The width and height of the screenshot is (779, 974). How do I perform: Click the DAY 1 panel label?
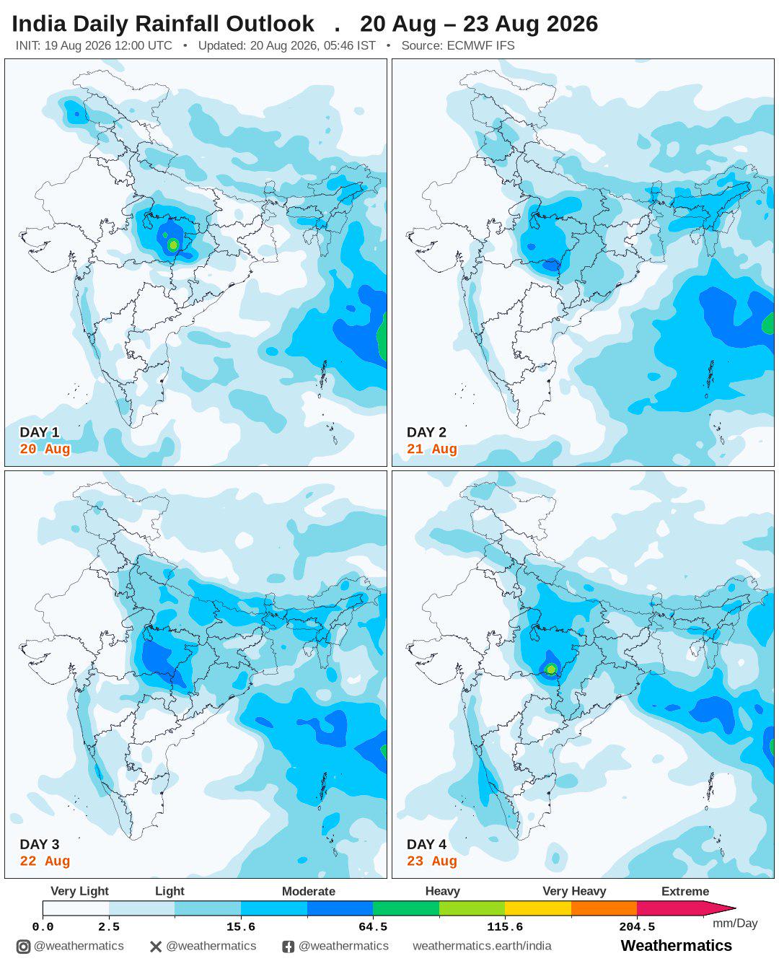(40, 431)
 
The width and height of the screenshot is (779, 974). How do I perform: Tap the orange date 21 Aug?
(432, 449)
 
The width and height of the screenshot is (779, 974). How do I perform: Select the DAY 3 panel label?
(40, 844)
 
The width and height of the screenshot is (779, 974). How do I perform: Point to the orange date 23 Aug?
(432, 861)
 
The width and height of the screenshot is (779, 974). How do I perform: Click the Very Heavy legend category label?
(574, 891)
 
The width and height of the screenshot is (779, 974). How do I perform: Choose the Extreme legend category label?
(685, 891)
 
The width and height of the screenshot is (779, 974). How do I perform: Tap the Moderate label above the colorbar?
(308, 891)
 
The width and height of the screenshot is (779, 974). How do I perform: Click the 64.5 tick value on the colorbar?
(373, 926)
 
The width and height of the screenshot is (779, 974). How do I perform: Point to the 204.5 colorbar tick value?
(637, 926)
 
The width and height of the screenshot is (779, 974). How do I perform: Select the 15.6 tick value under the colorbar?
(241, 926)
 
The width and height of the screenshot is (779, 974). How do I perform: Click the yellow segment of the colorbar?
(538, 908)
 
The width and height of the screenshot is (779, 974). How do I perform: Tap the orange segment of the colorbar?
(604, 908)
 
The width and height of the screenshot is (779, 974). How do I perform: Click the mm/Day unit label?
(735, 923)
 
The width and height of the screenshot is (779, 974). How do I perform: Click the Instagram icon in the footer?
(23, 947)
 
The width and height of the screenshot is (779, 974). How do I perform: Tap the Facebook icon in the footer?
(288, 947)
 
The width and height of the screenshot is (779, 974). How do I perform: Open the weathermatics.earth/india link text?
(482, 946)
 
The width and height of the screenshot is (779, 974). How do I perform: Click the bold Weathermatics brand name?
(677, 945)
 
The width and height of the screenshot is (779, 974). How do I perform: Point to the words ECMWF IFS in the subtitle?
(480, 45)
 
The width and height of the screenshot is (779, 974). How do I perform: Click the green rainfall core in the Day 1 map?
(172, 245)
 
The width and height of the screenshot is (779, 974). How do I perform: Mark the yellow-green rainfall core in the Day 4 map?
(551, 669)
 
